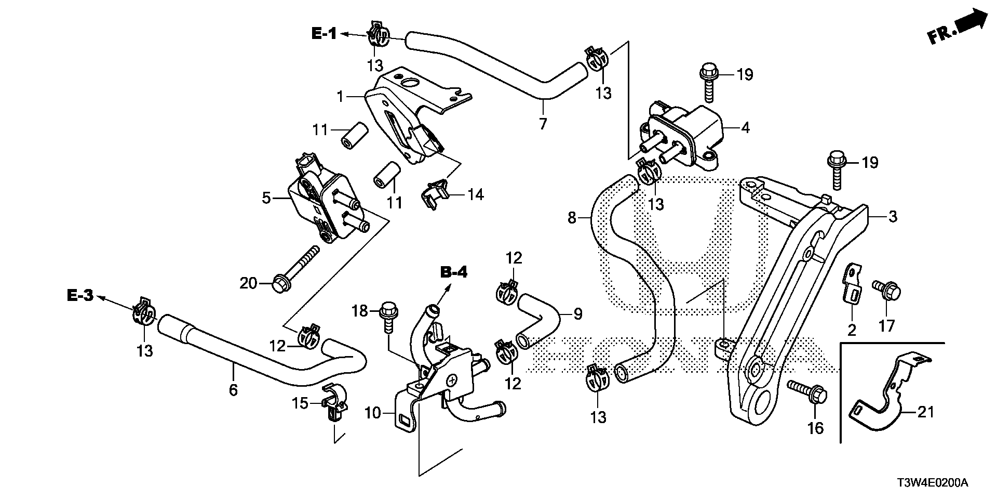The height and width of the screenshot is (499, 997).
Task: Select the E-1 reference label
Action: [324, 34]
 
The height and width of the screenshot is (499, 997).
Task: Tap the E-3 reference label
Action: [80, 296]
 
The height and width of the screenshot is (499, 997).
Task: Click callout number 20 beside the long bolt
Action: [248, 283]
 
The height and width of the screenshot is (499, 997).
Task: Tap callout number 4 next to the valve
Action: [745, 127]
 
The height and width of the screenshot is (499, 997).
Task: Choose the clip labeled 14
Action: [435, 197]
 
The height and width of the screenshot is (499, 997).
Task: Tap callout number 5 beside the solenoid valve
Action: [266, 198]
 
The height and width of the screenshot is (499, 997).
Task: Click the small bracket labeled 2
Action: [852, 288]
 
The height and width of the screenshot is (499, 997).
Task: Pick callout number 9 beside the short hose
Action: [577, 313]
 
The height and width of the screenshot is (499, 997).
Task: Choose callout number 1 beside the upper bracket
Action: [340, 96]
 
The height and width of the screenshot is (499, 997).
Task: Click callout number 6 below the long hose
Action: [233, 389]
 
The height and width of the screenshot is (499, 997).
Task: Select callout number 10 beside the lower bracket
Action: [373, 414]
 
